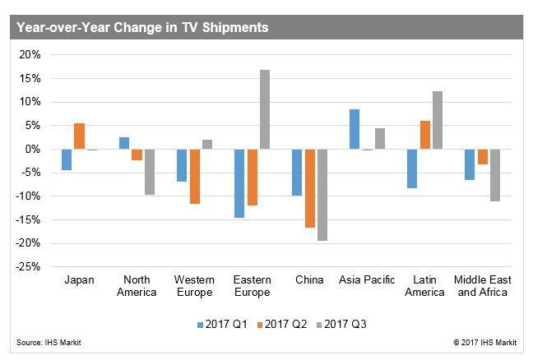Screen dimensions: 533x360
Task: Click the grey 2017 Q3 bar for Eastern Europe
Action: [x=265, y=109]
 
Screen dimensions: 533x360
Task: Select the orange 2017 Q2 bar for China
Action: [x=310, y=188]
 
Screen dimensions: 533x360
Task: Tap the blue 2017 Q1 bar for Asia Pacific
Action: [x=355, y=129]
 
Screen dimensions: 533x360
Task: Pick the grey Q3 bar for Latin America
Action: [x=438, y=120]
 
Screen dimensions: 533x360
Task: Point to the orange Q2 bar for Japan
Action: [x=80, y=136]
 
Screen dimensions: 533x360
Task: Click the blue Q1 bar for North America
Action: [x=124, y=143]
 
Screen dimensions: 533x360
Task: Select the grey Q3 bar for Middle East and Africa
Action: [x=495, y=175]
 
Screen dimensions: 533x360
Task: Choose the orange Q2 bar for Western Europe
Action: [x=195, y=177]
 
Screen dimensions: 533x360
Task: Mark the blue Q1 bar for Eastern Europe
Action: [x=239, y=183]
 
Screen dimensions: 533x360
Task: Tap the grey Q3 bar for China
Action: [x=322, y=195]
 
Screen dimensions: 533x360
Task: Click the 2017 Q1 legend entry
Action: [x=222, y=324]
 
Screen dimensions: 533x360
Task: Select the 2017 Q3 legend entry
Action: [x=341, y=324]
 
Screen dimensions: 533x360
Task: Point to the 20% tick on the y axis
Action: [x=30, y=55]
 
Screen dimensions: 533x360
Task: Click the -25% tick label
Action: [x=28, y=267]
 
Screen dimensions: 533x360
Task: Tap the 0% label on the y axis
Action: [x=33, y=149]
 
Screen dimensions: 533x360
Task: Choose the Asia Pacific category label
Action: [x=367, y=279]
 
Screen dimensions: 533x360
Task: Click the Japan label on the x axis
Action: [x=79, y=280]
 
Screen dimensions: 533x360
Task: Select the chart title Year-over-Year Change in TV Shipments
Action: [x=142, y=27]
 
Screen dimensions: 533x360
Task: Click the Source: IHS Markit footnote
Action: [x=49, y=343]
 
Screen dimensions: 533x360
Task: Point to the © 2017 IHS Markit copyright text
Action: [x=485, y=343]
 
